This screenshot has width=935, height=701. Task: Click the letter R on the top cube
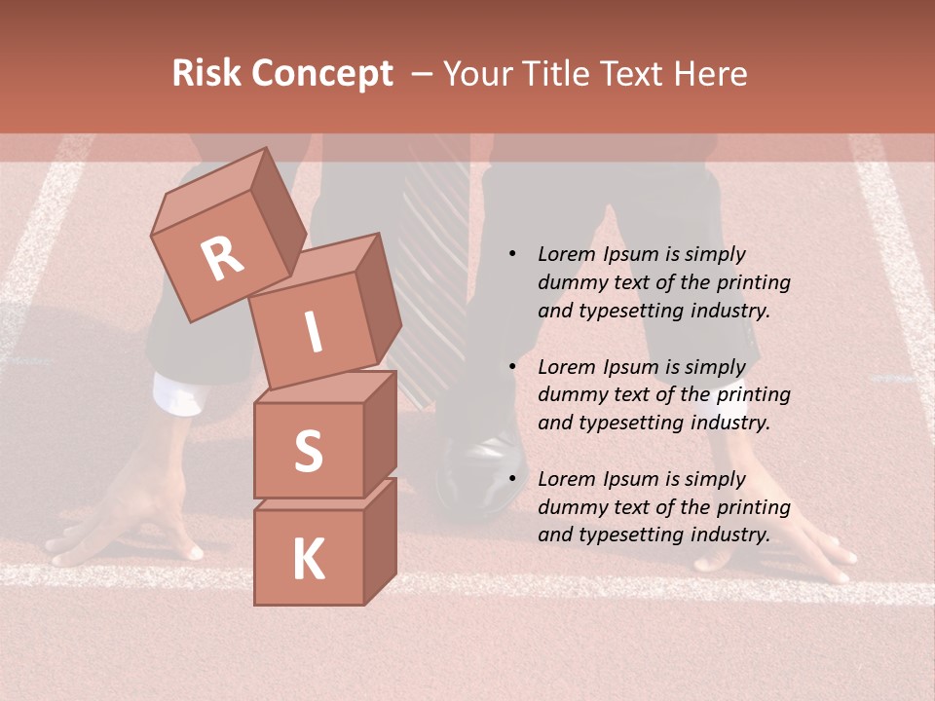tap(223, 259)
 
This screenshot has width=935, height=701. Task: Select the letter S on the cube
tap(308, 451)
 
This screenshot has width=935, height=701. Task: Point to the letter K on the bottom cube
tap(308, 560)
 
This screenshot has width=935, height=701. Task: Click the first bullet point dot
tap(512, 255)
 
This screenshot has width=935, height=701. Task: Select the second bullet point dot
tap(512, 367)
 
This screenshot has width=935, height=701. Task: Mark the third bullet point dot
tap(512, 479)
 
